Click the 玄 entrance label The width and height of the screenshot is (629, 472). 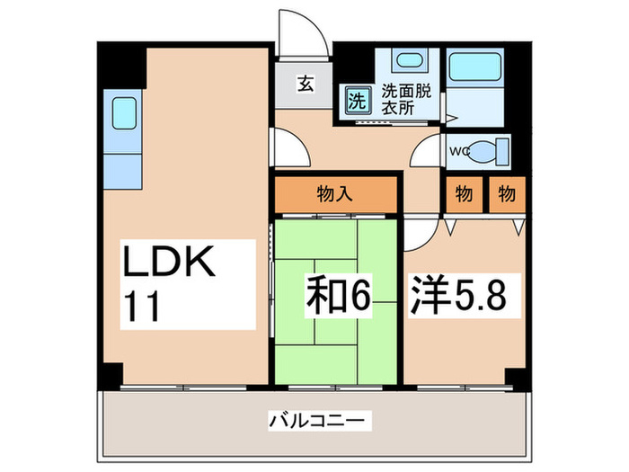coord(306,85)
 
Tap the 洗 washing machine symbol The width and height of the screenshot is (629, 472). coord(357,100)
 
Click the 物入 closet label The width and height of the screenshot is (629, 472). coord(334,192)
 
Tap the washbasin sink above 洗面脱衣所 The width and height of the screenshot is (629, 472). coord(408,63)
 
